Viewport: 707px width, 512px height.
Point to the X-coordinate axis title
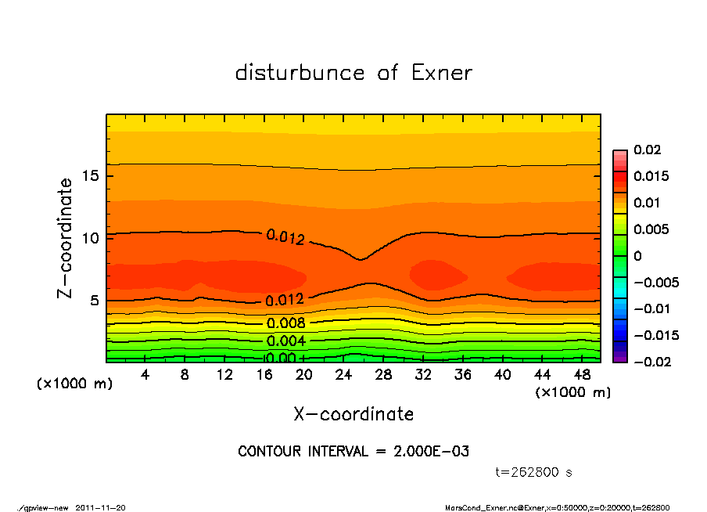tap(353, 414)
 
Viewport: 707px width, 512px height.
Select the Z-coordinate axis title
tap(66, 238)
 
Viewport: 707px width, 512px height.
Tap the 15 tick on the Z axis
tap(91, 176)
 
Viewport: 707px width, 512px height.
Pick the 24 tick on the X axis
tap(344, 375)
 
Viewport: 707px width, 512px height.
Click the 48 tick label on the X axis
tap(582, 375)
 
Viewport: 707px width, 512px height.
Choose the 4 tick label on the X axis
tap(145, 375)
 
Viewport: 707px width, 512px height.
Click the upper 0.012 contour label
tap(285, 236)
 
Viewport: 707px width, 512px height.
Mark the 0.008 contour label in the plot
tap(285, 323)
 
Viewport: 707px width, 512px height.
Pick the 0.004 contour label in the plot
tap(285, 341)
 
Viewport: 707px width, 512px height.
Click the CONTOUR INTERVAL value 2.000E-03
tap(432, 452)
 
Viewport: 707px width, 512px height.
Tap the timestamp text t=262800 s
tap(534, 473)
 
